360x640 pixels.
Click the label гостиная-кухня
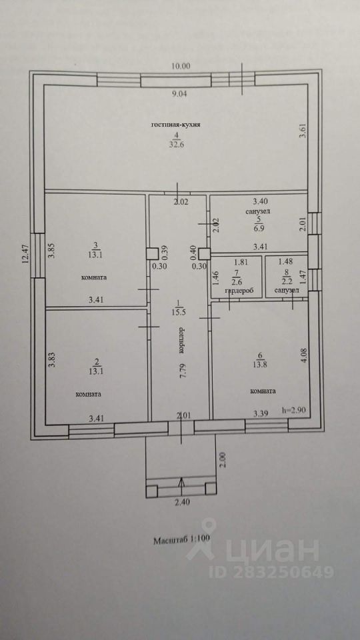[176, 125]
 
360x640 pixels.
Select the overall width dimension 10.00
[181, 66]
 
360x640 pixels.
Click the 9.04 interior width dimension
[179, 94]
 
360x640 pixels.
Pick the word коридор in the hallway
[181, 339]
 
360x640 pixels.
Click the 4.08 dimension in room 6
[303, 353]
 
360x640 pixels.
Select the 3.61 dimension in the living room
[303, 131]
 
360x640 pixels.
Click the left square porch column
[152, 491]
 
